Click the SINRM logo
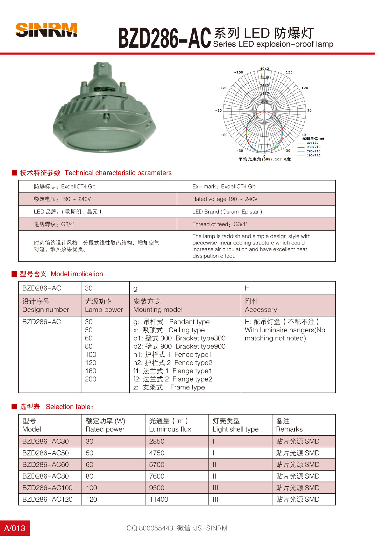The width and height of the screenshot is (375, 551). pos(46,30)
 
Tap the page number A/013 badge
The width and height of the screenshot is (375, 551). pos(15,528)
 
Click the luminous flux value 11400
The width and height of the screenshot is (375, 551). pos(159,499)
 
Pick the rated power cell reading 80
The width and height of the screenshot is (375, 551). pos(90,476)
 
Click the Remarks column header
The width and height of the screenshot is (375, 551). pos(289,425)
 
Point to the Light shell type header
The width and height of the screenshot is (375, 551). pos(236,425)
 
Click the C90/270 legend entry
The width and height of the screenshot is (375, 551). pos(313,156)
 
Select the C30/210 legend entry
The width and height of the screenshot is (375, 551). pos(313,147)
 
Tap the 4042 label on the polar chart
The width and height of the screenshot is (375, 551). pos(265,69)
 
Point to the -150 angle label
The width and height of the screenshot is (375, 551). pos(238,72)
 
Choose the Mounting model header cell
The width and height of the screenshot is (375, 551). pos(158,306)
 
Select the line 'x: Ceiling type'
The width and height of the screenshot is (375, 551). pos(169,330)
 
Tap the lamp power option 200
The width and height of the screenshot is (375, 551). pos(91,379)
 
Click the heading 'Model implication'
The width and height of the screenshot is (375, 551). pos(77,274)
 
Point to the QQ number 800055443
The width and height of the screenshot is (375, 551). pos(156,528)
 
